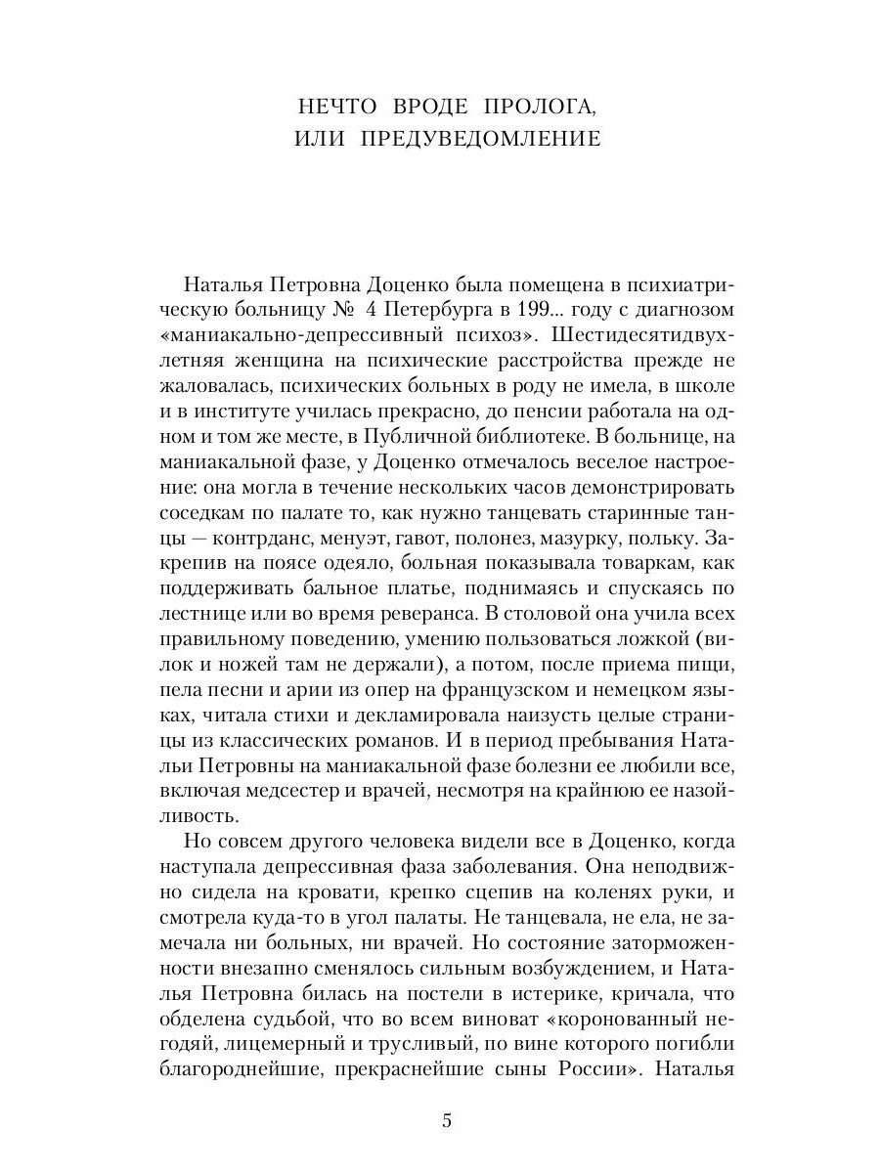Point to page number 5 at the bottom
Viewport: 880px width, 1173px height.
447,1121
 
